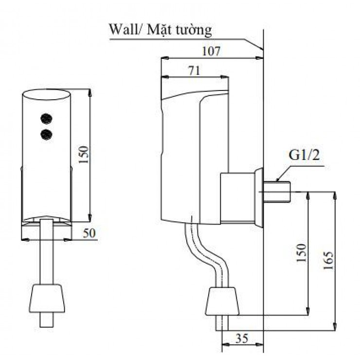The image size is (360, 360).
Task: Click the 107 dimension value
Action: [211, 51]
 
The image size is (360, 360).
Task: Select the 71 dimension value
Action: [195, 71]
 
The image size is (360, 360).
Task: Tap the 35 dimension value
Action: [242, 338]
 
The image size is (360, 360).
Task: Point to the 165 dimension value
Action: [328, 260]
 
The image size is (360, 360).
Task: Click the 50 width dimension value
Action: [89, 233]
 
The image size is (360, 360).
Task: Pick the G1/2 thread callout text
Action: [304, 155]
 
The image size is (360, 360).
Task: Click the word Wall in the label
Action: [125, 29]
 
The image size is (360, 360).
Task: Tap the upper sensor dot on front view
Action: [46, 119]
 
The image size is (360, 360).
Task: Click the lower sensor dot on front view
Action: [46, 135]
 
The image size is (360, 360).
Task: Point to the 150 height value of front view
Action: [83, 155]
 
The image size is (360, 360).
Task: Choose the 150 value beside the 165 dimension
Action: [302, 253]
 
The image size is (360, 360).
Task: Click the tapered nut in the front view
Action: [47, 298]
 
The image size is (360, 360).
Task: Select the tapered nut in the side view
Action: [222, 301]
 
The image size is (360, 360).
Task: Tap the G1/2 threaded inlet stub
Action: [277, 192]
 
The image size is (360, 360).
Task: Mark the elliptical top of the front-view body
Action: [46, 94]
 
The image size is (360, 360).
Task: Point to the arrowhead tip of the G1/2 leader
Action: [276, 181]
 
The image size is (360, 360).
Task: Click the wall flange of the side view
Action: [259, 198]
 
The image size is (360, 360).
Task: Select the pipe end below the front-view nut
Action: [47, 320]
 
